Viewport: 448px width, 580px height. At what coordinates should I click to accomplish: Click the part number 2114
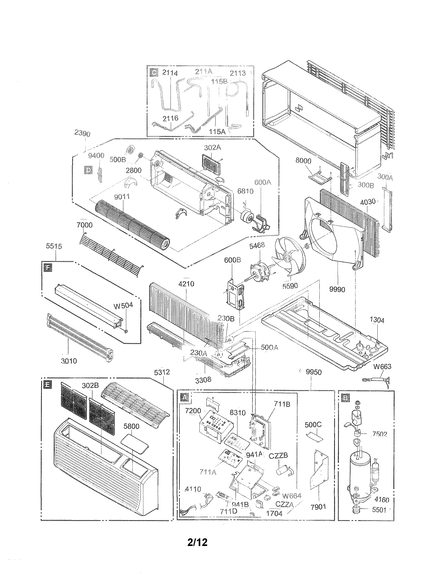170,73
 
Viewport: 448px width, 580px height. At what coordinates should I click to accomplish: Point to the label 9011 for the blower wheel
122,197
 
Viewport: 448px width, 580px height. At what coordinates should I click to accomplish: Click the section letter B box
345,398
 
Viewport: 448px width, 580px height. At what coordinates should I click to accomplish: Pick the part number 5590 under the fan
290,286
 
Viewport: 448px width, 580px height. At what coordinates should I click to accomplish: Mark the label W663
382,367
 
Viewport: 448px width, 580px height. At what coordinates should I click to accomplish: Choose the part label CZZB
278,456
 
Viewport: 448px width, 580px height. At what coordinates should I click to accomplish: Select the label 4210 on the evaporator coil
186,284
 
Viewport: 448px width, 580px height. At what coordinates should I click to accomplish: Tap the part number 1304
377,320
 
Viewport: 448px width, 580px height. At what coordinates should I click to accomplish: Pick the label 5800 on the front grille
132,426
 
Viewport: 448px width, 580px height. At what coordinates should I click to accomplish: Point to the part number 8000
303,161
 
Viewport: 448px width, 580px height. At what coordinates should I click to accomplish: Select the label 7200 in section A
193,411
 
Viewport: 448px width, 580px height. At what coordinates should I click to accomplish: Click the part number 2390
82,134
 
